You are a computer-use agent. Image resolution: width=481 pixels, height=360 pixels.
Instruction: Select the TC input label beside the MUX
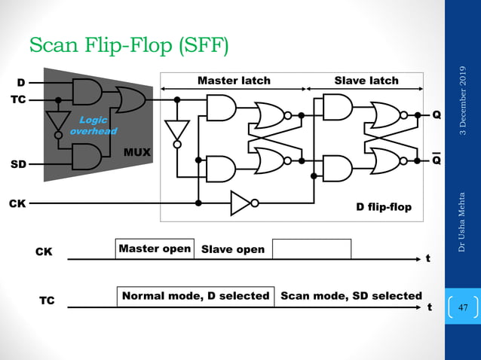[x=20, y=99]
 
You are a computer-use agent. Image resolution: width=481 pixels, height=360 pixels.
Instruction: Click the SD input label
[x=20, y=163]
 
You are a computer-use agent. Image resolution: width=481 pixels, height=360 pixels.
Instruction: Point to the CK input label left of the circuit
[x=17, y=203]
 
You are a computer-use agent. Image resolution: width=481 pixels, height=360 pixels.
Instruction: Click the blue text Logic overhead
[x=93, y=126]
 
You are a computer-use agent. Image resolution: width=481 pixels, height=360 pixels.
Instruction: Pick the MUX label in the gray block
[x=136, y=153]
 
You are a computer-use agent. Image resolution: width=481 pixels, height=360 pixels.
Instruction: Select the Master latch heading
[x=234, y=80]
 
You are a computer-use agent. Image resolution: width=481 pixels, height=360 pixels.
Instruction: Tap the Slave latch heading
[x=366, y=80]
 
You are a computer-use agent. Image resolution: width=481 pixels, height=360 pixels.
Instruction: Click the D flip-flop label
[x=384, y=206]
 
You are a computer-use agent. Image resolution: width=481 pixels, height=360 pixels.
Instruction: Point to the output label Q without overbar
[x=437, y=115]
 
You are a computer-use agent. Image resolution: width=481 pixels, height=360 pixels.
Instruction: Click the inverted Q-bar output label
[x=437, y=160]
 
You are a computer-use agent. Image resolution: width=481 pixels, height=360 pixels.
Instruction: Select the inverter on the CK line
[x=243, y=203]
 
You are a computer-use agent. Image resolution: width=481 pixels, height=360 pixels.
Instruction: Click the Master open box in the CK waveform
[x=155, y=249]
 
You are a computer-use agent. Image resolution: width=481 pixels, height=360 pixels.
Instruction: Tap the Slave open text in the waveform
[x=233, y=249]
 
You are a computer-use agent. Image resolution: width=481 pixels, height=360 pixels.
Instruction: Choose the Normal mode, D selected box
[x=195, y=296]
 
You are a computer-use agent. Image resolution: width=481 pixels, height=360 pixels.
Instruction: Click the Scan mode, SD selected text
[x=351, y=296]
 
